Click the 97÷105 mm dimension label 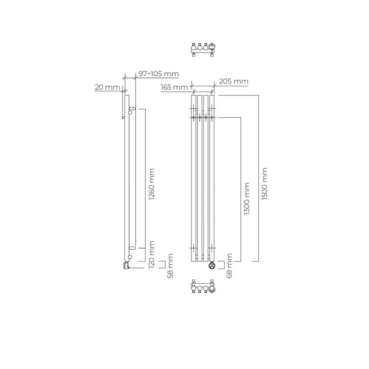pos(159,74)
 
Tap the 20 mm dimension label pos(107,87)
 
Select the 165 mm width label pos(174,87)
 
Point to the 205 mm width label pos(234,82)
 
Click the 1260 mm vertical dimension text pos(152,184)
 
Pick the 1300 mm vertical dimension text pos(246,199)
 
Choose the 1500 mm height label pos(264,184)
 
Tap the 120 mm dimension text pos(152,255)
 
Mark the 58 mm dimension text pos(170,266)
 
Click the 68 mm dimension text pos(229,266)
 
